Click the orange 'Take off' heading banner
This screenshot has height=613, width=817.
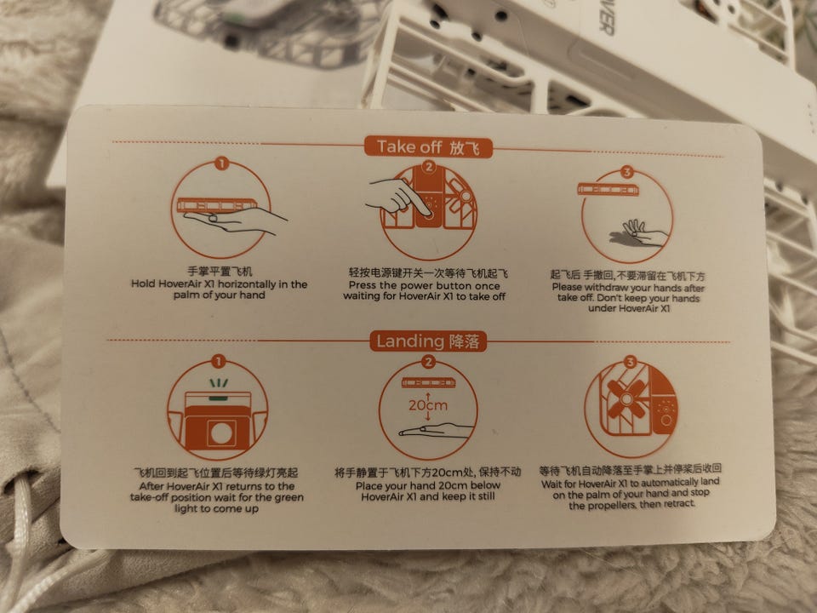click(x=428, y=146)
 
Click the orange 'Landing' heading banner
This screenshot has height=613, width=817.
click(x=428, y=341)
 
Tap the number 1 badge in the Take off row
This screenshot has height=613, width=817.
click(x=221, y=163)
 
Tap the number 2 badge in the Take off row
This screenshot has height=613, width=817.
click(x=429, y=167)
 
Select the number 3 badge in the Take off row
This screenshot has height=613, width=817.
click(x=627, y=172)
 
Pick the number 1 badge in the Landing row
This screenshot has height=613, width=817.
click(x=219, y=361)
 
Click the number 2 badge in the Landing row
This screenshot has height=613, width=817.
click(x=428, y=362)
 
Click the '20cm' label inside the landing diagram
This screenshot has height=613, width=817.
click(x=428, y=405)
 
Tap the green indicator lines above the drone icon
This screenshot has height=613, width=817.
click(x=219, y=384)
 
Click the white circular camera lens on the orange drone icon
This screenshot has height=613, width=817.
click(x=221, y=433)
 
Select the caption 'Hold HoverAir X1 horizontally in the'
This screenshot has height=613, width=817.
click(x=219, y=284)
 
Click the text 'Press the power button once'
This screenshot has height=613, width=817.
click(x=424, y=286)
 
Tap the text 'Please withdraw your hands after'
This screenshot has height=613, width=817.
click(x=628, y=288)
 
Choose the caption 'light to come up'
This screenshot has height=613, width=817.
click(x=217, y=508)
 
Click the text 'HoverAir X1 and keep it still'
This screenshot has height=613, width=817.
click(x=428, y=496)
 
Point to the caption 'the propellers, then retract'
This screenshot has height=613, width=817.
click(x=631, y=505)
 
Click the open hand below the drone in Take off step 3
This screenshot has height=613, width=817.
click(x=639, y=234)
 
